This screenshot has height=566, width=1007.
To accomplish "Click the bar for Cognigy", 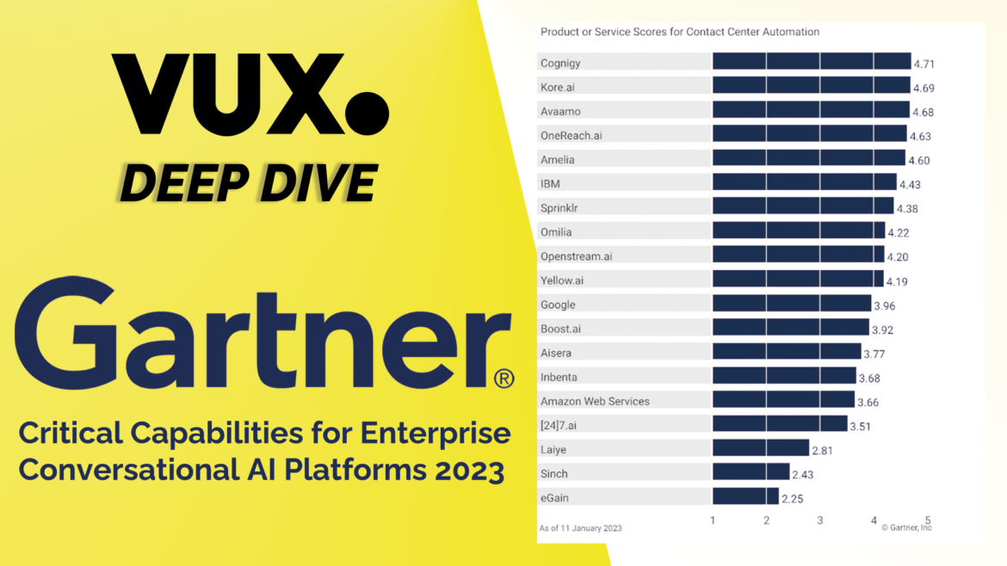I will pos(812,62).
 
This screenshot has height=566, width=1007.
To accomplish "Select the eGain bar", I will pos(745,497).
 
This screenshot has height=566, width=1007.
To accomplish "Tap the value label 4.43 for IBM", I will pos(910,184).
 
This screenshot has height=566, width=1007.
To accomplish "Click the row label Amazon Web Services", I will pos(595,401).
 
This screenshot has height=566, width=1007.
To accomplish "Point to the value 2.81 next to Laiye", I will pos(822,450).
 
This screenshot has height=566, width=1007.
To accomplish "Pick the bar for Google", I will pos(792,304).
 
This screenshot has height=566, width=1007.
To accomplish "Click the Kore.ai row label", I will pos(557,87).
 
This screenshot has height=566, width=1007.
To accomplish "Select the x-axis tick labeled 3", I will pos(820,520).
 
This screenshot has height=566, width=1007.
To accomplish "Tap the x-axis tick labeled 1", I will pos(713,520).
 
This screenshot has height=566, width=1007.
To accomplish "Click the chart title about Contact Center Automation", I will pos(679,32).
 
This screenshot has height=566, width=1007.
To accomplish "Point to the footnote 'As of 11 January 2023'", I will pos(580,528).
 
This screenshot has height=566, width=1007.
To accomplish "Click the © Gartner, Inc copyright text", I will pos(906,528).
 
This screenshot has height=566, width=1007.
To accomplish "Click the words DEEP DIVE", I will pos(249,182).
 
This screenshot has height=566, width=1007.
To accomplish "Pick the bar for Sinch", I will pos(751,473).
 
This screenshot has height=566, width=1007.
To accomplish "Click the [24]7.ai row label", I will pos(558,425).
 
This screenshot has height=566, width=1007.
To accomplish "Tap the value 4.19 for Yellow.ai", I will pos(897,281).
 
